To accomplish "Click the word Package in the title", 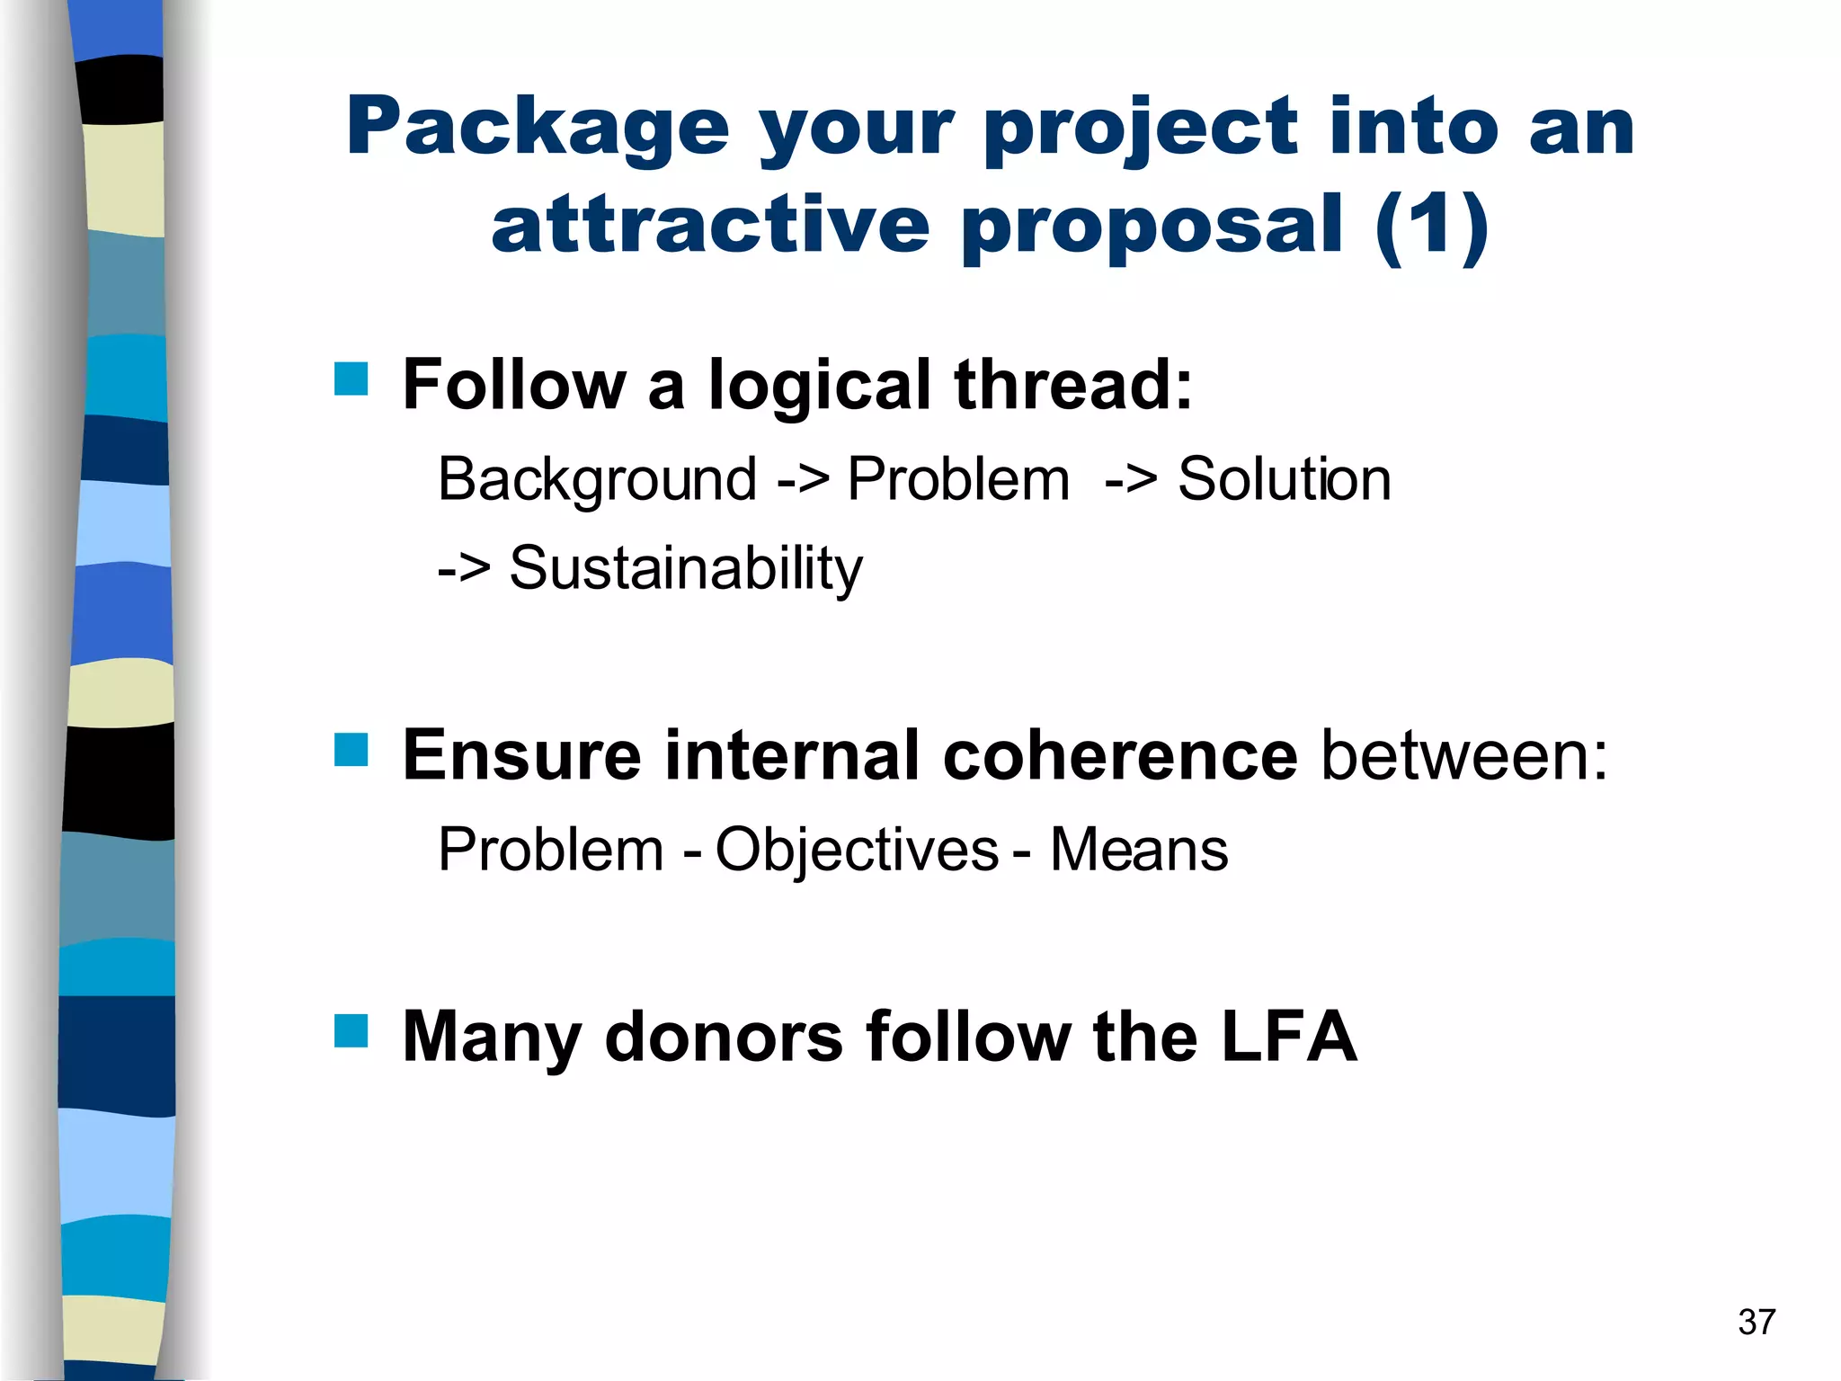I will (537, 129).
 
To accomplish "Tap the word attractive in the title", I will (710, 225).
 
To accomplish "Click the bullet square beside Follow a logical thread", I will (351, 379).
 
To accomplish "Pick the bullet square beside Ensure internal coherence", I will (351, 749).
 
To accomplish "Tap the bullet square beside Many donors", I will (351, 1031).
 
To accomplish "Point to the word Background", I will (597, 479).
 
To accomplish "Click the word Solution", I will (1284, 479).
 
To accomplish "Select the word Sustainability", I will (686, 569).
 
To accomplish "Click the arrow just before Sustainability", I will (464, 569).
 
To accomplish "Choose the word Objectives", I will (857, 850).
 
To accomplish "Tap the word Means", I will (1139, 850).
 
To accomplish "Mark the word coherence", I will (1119, 755).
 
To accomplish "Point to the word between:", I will (1464, 755).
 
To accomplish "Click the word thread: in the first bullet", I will (1073, 385).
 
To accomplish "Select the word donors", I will (724, 1037).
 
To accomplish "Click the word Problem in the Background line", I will (958, 479).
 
